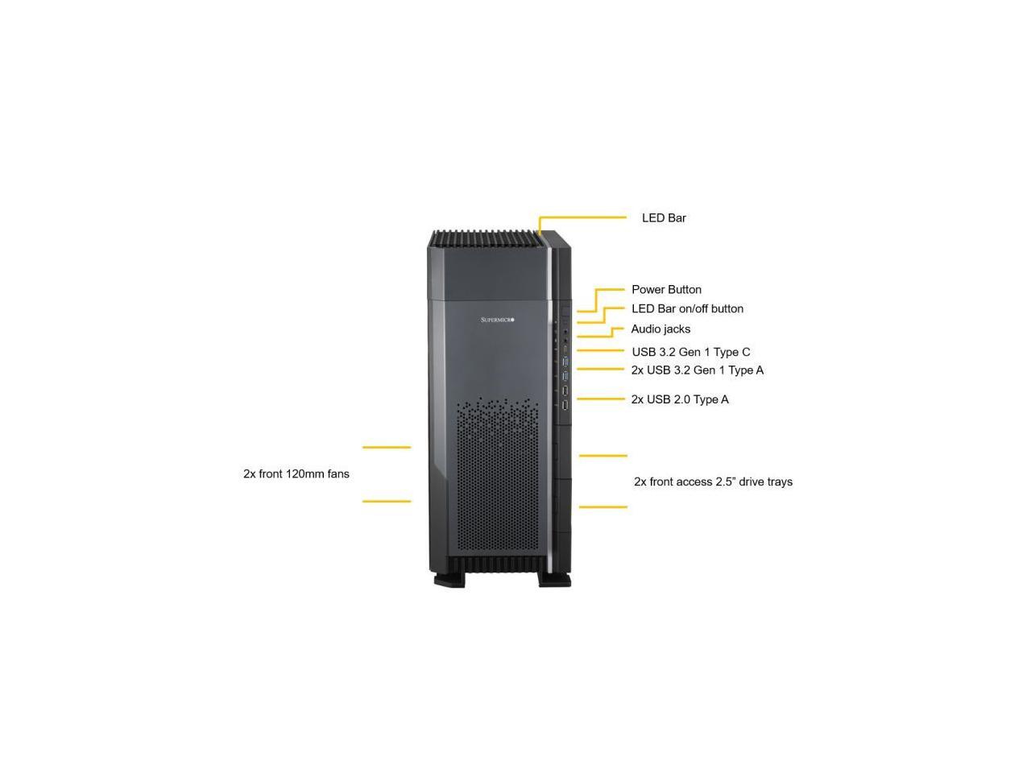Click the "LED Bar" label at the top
(664, 218)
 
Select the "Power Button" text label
(666, 290)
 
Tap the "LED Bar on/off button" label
(687, 309)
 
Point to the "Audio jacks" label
(660, 329)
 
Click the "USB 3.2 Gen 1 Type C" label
(690, 352)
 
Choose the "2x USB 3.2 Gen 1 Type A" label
(697, 370)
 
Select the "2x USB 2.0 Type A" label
(680, 399)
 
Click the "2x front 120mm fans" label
(296, 474)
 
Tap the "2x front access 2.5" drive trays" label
(713, 482)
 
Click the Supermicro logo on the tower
(497, 320)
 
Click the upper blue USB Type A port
(565, 362)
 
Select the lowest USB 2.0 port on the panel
(565, 404)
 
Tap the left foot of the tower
(449, 579)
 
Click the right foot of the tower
(554, 579)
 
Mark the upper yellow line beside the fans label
(387, 447)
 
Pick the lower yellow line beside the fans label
(387, 502)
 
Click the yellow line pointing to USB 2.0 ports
(601, 399)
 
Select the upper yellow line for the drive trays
(602, 456)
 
